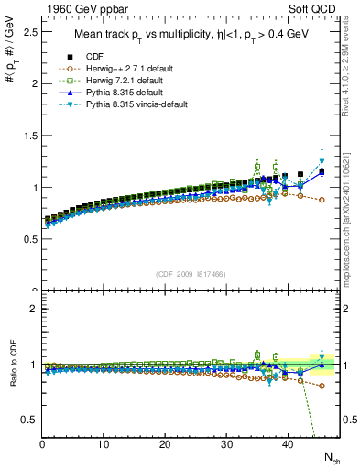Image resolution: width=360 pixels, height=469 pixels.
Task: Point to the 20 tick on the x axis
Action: (x=165, y=445)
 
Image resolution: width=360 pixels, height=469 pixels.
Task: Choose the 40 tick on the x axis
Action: (x=288, y=445)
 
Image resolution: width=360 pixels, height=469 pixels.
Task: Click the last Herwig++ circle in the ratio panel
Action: (x=322, y=386)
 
